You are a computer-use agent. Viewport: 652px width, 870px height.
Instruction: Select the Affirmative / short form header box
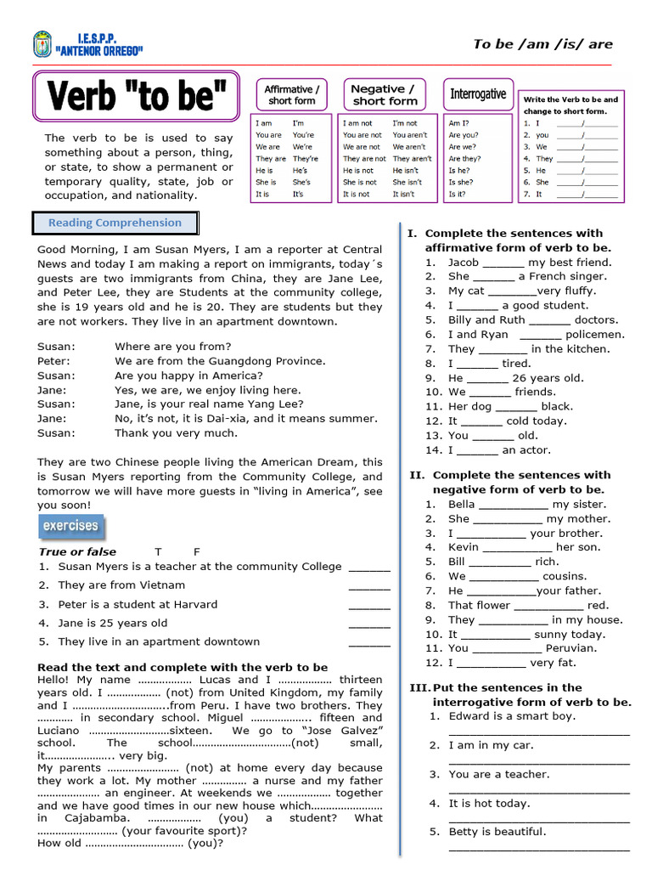click(x=291, y=94)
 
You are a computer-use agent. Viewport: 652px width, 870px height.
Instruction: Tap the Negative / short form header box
click(x=385, y=94)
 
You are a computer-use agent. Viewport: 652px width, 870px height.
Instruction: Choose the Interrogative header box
click(x=477, y=94)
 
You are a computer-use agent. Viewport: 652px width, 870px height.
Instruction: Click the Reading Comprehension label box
click(x=115, y=223)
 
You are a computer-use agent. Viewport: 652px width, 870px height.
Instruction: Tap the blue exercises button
click(x=71, y=526)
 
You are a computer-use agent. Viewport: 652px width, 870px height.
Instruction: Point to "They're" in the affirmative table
click(x=305, y=158)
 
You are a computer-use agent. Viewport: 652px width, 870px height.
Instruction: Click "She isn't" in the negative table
click(x=407, y=182)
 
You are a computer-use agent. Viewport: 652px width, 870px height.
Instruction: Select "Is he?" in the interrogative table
click(x=460, y=170)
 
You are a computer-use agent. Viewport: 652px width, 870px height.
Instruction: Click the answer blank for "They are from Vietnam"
click(x=369, y=587)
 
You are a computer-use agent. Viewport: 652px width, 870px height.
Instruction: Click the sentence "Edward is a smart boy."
click(x=511, y=715)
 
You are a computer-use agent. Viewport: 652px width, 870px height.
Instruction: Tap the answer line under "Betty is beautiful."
click(x=539, y=848)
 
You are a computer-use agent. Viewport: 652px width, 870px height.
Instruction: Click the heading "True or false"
click(x=77, y=551)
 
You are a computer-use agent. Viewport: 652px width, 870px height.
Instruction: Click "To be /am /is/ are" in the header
click(x=542, y=44)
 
